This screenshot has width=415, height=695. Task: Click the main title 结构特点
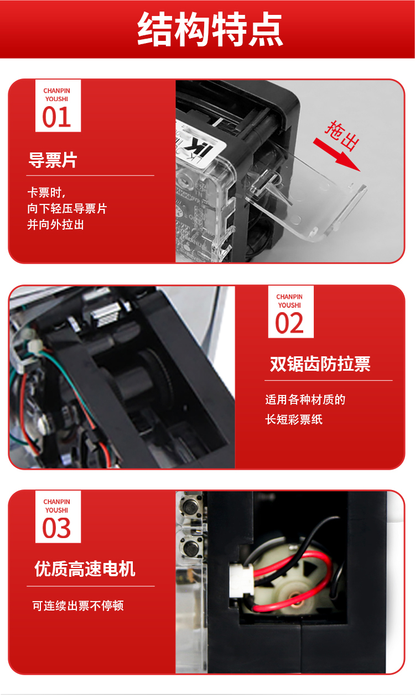(210, 29)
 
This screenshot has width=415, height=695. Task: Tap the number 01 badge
(58, 106)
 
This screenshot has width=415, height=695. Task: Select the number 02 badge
(290, 312)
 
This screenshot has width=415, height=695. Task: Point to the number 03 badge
(58, 517)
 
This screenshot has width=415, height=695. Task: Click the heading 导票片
(53, 160)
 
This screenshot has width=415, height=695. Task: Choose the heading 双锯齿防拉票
(320, 364)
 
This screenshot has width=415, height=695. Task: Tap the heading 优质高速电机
(85, 568)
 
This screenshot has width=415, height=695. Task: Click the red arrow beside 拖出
(336, 155)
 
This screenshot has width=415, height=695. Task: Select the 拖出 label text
(343, 135)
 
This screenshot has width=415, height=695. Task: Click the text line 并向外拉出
(56, 224)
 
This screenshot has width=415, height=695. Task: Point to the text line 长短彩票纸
(294, 419)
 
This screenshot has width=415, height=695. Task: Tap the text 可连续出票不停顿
(78, 606)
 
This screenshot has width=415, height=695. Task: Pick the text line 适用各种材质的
(305, 399)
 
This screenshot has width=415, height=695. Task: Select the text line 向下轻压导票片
(67, 208)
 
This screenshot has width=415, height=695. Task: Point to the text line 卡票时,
(46, 193)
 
